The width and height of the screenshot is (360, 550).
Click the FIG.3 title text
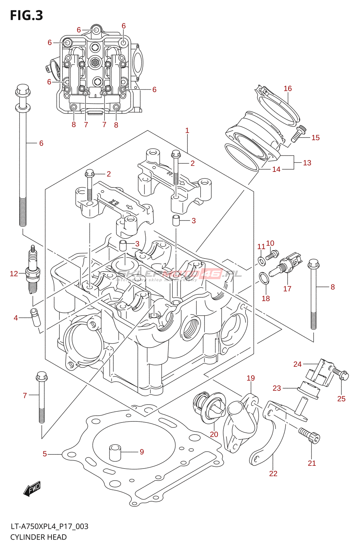[26, 15]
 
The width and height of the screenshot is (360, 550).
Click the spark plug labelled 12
[33, 272]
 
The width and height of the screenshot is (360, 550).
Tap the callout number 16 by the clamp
[288, 89]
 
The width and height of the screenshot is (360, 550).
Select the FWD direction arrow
[32, 488]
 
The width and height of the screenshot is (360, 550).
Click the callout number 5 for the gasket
[45, 454]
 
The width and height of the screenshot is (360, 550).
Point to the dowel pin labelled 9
[115, 452]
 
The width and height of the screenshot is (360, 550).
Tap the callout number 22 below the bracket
[273, 474]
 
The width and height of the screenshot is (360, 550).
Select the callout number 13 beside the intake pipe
[307, 163]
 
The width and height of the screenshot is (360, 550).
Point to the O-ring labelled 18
[264, 278]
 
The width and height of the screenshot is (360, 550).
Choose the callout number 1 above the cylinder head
[187, 131]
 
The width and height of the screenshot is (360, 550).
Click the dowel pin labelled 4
[35, 317]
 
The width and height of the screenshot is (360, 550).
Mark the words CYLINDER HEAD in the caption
[38, 537]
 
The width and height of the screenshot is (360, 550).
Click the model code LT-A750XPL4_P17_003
[49, 526]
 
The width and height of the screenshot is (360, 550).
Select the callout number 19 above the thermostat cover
[251, 378]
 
